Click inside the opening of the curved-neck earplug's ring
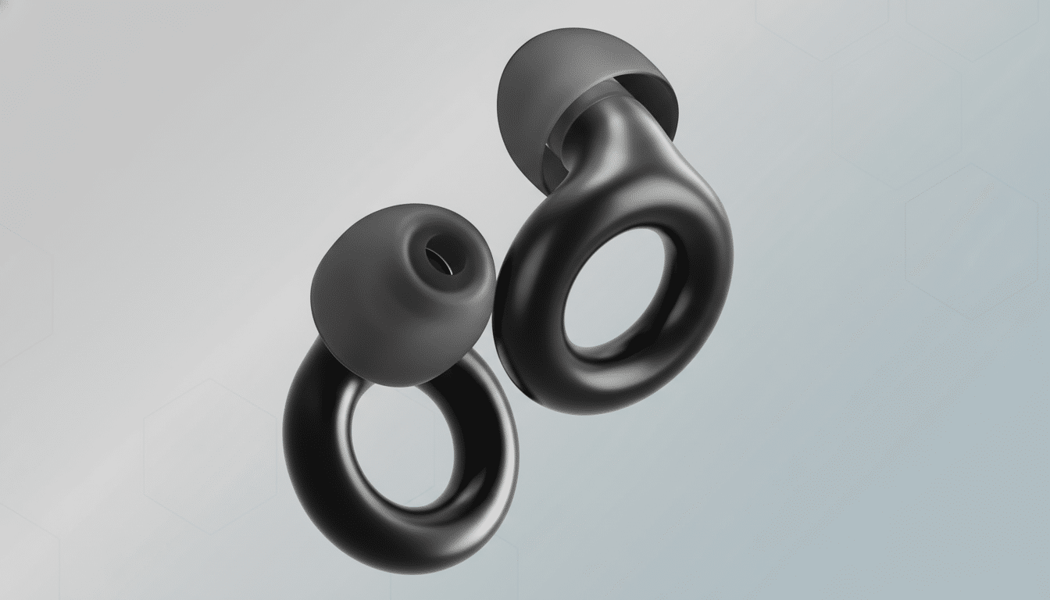point(617,297)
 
